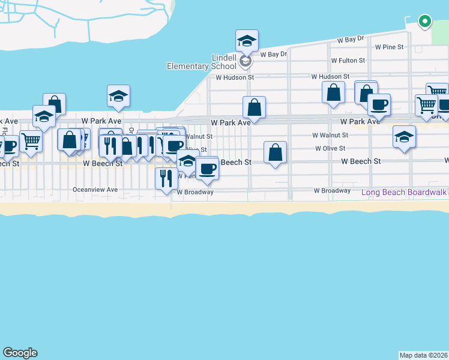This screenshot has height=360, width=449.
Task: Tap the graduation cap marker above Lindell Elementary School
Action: point(247,41)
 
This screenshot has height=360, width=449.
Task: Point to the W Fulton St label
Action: point(348,61)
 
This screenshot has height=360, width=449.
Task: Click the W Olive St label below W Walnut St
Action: point(330,148)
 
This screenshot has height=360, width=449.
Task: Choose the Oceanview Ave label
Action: point(95,190)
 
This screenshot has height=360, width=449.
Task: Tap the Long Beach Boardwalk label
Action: point(405,193)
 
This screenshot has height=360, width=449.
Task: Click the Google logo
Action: point(20,353)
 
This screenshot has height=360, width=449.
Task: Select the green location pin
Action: point(424,22)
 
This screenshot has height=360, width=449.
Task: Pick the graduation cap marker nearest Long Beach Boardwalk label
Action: point(405,137)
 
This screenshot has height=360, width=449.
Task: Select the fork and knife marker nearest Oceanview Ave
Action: point(166,178)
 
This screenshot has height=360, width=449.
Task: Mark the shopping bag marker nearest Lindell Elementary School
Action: point(255,107)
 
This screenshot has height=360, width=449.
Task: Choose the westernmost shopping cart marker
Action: point(31,141)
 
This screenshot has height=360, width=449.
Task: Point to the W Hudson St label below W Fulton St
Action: point(330,77)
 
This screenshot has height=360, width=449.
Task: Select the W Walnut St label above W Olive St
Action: point(330,136)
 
